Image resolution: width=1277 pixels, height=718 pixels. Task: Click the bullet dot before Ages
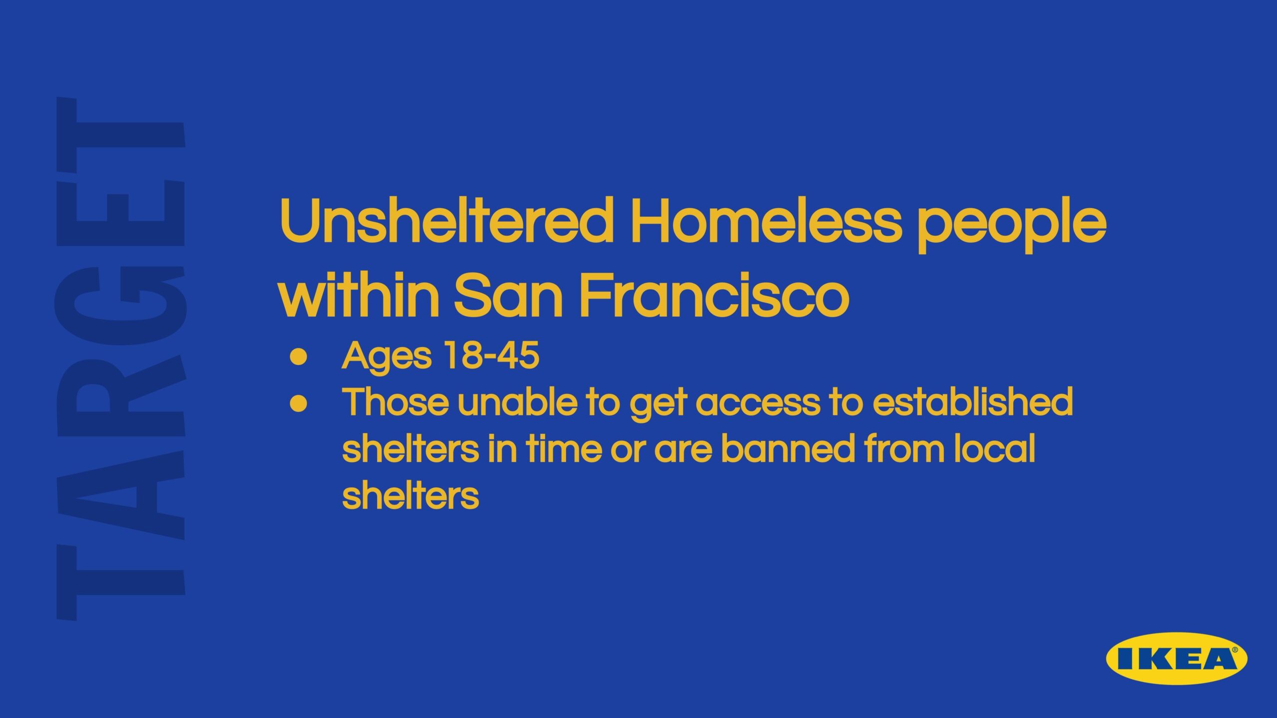point(298,357)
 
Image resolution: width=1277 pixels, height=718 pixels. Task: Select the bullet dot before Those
point(298,404)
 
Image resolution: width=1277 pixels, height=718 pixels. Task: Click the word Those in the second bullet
point(395,402)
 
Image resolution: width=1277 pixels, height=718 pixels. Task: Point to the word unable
point(517,402)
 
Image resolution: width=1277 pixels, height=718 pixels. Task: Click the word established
point(973,402)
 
